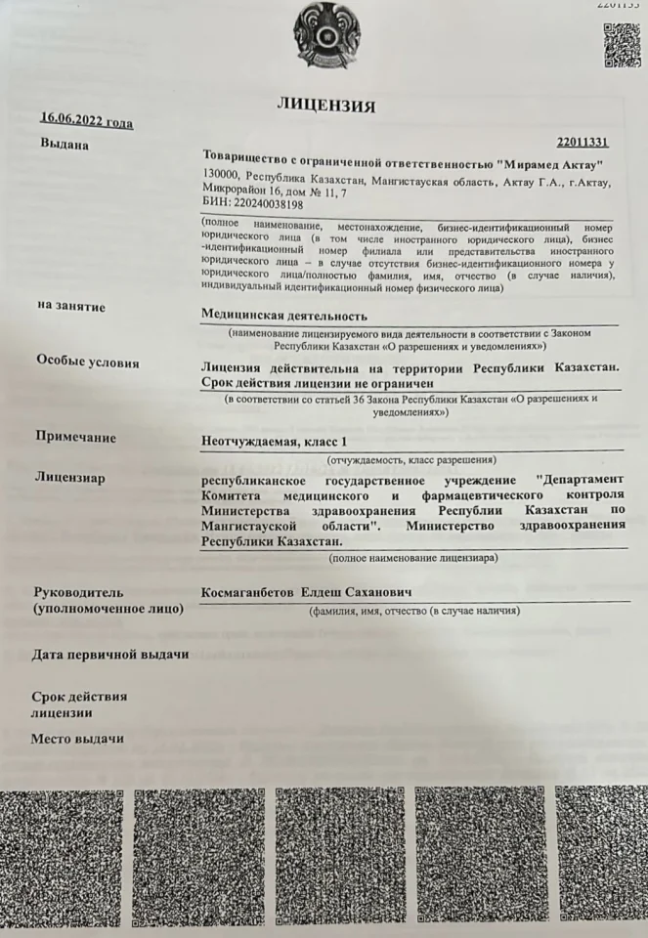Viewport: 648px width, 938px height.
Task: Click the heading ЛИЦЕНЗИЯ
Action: point(326,105)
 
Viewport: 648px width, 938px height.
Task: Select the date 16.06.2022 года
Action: point(86,122)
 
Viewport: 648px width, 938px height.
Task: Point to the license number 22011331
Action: point(583,144)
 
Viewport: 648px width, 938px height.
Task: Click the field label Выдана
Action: point(65,146)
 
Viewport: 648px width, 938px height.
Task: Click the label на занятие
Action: point(70,307)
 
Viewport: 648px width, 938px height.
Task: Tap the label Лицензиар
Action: point(69,478)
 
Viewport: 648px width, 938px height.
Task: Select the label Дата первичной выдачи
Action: point(109,653)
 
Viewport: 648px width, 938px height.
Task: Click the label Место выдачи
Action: point(77,737)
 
